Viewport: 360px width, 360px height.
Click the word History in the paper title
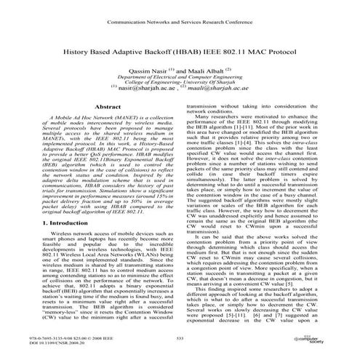(x=78, y=55)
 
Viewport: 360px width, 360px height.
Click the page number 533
(x=180, y=339)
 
